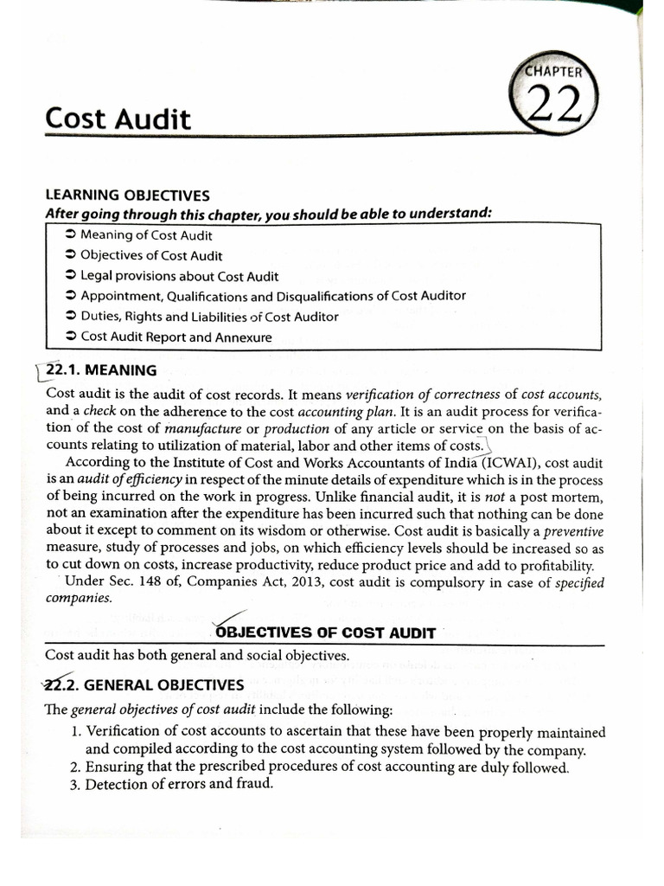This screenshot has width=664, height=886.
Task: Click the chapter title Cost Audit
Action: tap(118, 119)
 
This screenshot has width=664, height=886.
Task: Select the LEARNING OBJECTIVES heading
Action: tap(127, 196)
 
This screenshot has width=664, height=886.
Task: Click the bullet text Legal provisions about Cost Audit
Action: tap(179, 276)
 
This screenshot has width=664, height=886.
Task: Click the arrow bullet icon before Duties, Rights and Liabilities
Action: tap(70, 317)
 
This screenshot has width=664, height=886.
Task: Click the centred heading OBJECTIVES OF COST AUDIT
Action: tap(325, 632)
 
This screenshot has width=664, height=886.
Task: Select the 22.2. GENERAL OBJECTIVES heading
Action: tap(144, 685)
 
